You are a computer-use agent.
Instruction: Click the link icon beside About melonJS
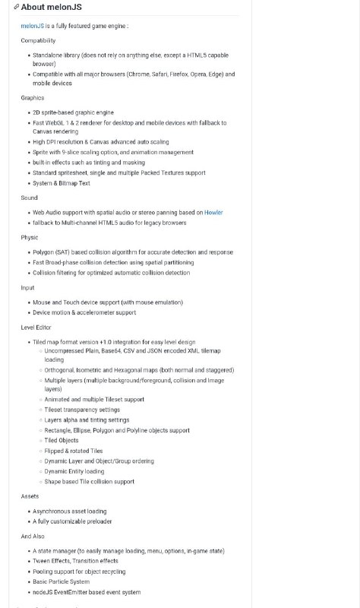tap(17, 7)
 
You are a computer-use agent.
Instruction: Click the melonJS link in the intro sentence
tap(32, 26)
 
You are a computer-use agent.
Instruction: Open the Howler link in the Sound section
tap(213, 213)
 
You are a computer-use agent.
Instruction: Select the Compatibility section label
tap(38, 40)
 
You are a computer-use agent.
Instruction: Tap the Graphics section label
tap(33, 98)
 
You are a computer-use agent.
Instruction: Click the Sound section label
tap(30, 198)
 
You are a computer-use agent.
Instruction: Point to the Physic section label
tap(30, 237)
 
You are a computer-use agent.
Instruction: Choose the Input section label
tap(28, 288)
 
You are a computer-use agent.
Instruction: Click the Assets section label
tap(30, 496)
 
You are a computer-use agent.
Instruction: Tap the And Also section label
tap(33, 537)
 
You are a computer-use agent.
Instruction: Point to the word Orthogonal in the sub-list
tap(61, 370)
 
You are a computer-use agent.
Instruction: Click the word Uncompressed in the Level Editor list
tap(65, 351)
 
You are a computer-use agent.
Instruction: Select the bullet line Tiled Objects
tap(62, 440)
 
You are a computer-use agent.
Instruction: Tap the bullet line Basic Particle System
tap(61, 581)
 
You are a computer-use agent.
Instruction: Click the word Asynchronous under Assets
tap(52, 511)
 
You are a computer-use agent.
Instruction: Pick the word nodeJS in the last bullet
tap(43, 592)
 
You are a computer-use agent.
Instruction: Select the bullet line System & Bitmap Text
tap(62, 183)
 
